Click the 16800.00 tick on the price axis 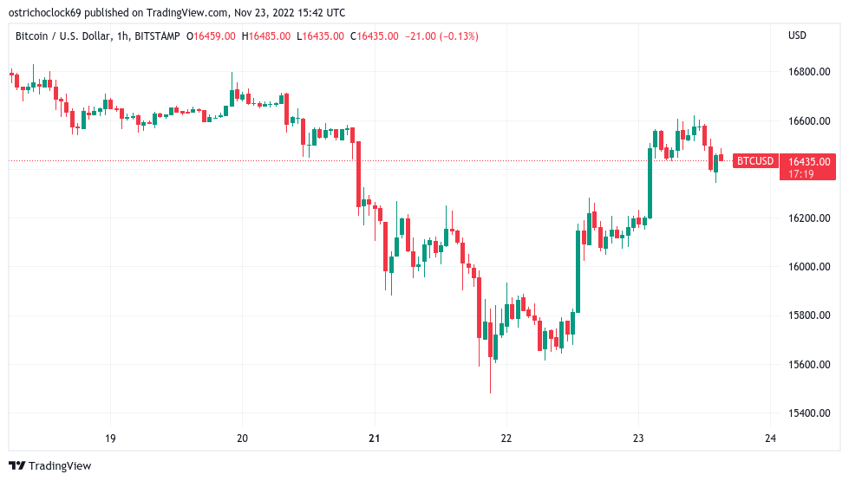pyautogui.click(x=810, y=71)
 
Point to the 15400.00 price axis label pyautogui.click(x=810, y=413)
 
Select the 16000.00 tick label pyautogui.click(x=810, y=266)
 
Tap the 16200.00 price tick pyautogui.click(x=810, y=218)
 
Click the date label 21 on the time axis pyautogui.click(x=374, y=439)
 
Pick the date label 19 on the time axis pyautogui.click(x=110, y=439)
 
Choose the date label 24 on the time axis pyautogui.click(x=770, y=439)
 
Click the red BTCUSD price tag pyautogui.click(x=754, y=160)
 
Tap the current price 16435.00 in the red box pyautogui.click(x=809, y=160)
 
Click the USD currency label pyautogui.click(x=797, y=36)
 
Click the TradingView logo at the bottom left pyautogui.click(x=49, y=465)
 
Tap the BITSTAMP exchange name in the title pyautogui.click(x=164, y=36)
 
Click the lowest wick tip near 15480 pyautogui.click(x=490, y=393)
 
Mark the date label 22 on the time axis pyautogui.click(x=506, y=439)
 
